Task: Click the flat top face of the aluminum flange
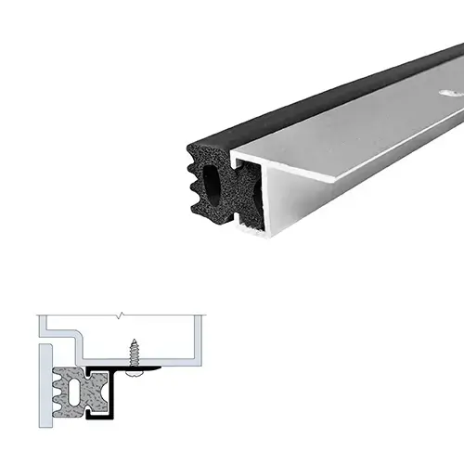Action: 353,139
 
